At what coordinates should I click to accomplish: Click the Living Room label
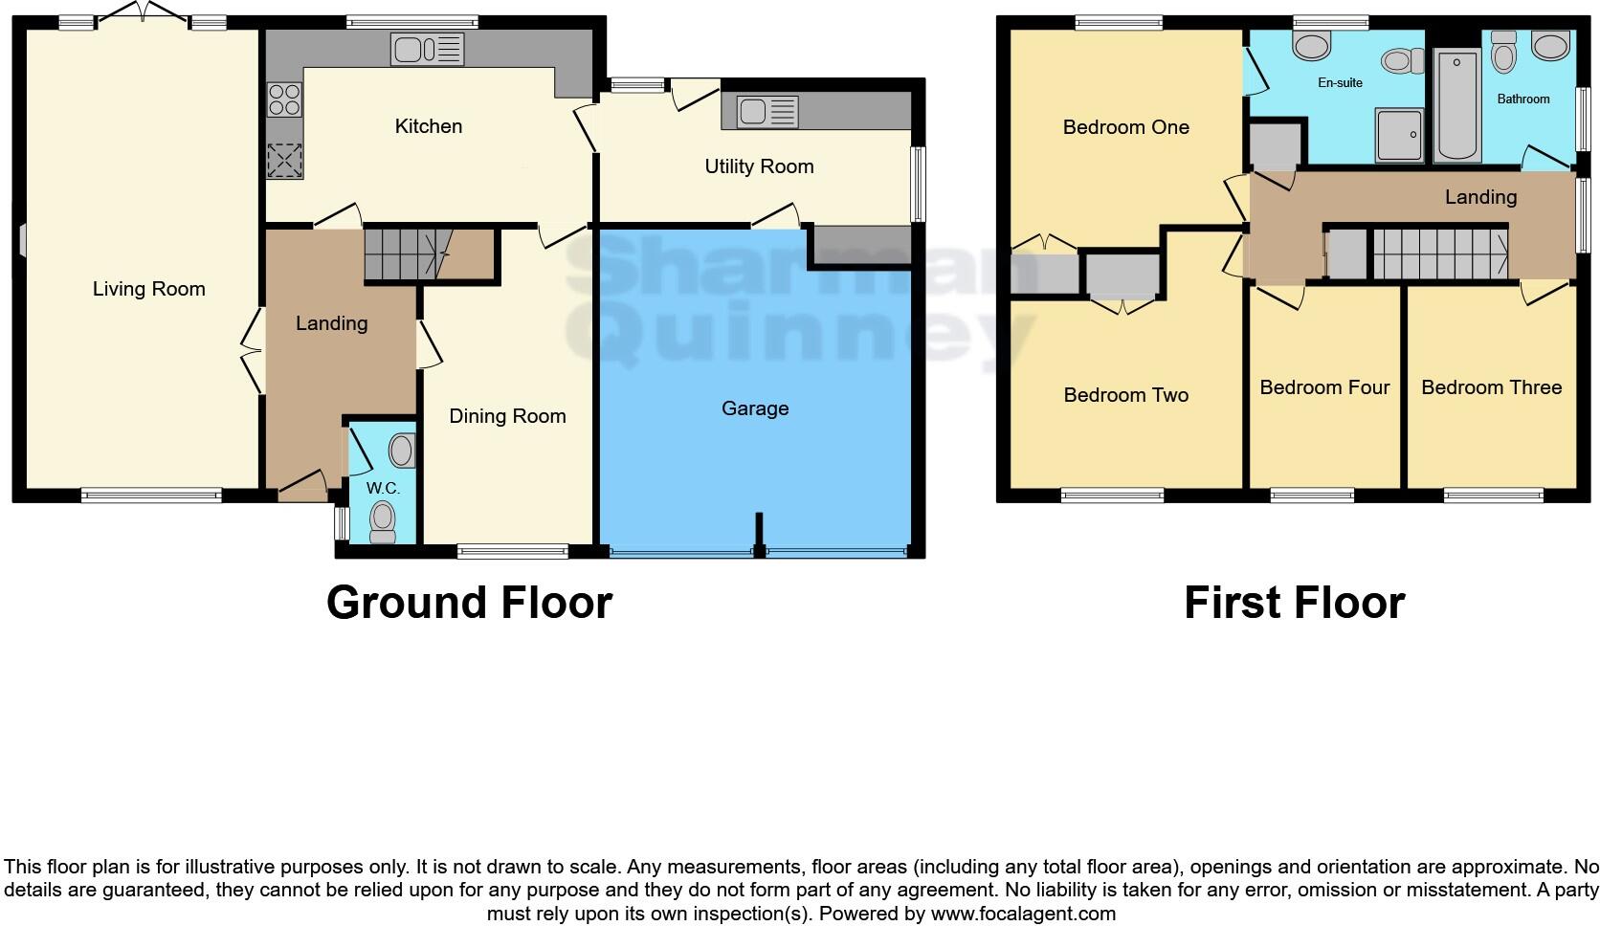click(148, 289)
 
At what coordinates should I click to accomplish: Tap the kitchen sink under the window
click(427, 49)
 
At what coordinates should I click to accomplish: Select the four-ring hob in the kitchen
click(284, 98)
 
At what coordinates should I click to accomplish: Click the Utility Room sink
click(767, 113)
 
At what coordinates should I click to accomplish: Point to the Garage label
click(755, 408)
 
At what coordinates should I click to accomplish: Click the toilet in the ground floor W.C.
click(383, 520)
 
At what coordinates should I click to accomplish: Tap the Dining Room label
click(507, 416)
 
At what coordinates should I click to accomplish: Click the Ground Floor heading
click(469, 603)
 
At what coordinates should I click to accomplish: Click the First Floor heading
click(1294, 603)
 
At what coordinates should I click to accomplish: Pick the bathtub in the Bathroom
click(1456, 105)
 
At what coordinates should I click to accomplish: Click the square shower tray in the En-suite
click(1398, 134)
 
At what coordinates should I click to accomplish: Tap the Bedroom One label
click(1125, 127)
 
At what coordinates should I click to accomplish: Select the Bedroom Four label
click(1324, 387)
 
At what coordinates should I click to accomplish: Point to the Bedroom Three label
click(1491, 387)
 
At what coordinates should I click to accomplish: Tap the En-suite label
click(1340, 83)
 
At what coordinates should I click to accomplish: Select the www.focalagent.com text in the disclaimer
click(1023, 914)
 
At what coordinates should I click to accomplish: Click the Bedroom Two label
click(1125, 395)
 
